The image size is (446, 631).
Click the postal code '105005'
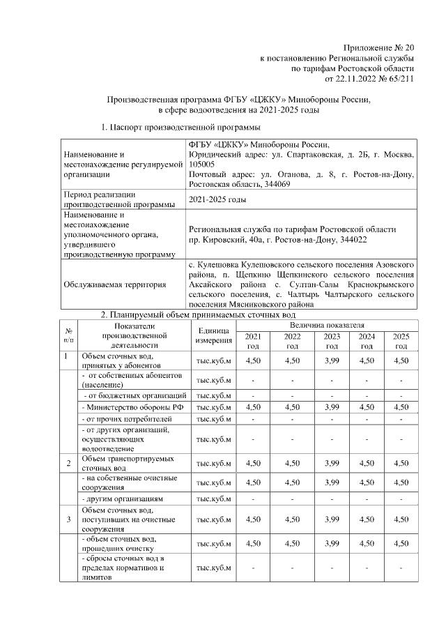[x=203, y=164]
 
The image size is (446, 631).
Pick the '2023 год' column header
[x=332, y=341]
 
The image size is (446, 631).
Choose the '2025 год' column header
[x=401, y=341]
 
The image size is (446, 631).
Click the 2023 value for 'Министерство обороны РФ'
[x=332, y=406]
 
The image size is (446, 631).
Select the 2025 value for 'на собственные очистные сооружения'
[x=401, y=482]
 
